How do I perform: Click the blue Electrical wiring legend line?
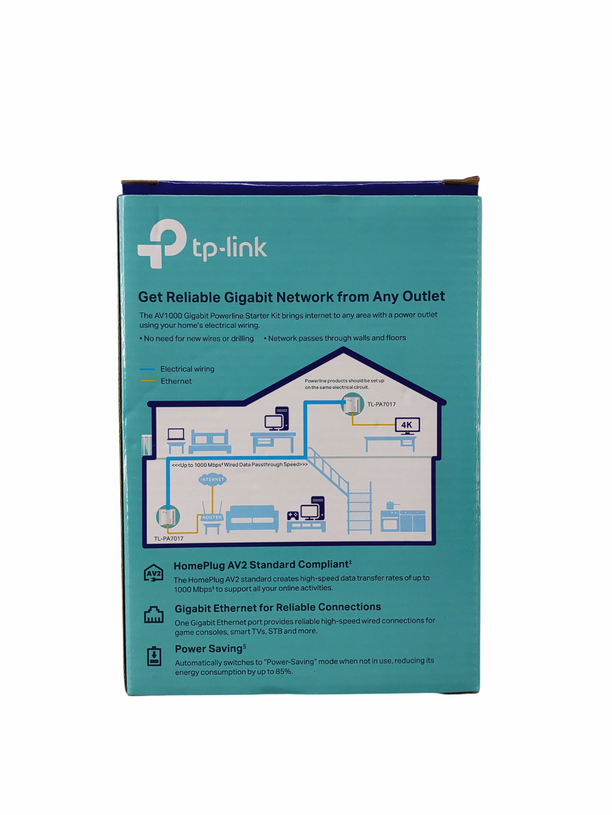pyautogui.click(x=147, y=369)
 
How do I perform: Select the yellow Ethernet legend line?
pyautogui.click(x=147, y=381)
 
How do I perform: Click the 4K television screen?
pyautogui.click(x=407, y=425)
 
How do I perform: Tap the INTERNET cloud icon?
pyautogui.click(x=212, y=479)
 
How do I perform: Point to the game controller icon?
pyautogui.click(x=293, y=515)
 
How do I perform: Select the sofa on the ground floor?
pyautogui.click(x=252, y=519)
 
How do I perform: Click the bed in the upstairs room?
pyautogui.click(x=210, y=441)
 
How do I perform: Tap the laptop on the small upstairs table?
pyautogui.click(x=176, y=434)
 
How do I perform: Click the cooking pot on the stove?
pyautogui.click(x=391, y=505)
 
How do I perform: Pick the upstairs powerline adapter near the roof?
pyautogui.click(x=352, y=405)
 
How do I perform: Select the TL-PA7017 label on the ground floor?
pyautogui.click(x=168, y=538)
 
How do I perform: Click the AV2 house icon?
pyautogui.click(x=154, y=574)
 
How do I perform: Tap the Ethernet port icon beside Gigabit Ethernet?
pyautogui.click(x=154, y=615)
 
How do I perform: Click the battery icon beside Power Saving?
pyautogui.click(x=154, y=656)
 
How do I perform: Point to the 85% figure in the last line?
pyautogui.click(x=284, y=672)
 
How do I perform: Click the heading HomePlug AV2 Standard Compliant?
pyautogui.click(x=262, y=565)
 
